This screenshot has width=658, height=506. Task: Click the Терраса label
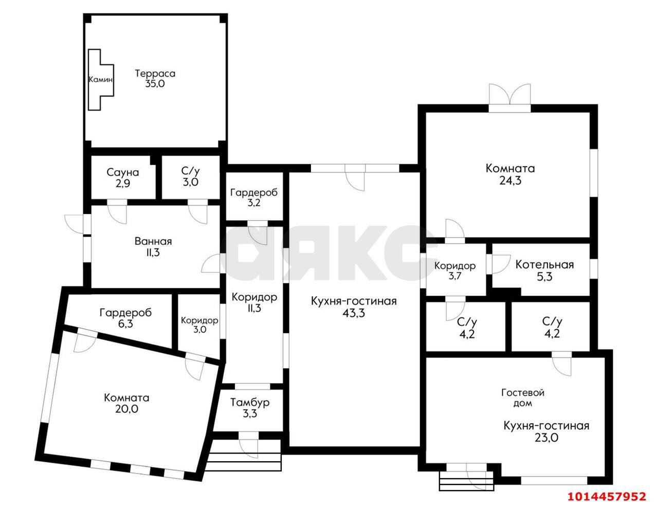click(155, 74)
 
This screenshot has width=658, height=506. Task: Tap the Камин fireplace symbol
click(101, 80)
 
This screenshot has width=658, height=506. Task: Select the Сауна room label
click(123, 173)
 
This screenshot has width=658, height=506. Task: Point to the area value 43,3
click(353, 313)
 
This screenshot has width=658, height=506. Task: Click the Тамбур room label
click(250, 403)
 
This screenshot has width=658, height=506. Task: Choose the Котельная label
click(544, 265)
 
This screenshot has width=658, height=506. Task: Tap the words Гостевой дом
click(523, 398)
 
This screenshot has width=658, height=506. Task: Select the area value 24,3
click(510, 181)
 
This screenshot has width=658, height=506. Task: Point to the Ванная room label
click(153, 241)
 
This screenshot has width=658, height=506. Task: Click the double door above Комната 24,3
click(510, 94)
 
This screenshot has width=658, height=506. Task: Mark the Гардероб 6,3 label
click(125, 318)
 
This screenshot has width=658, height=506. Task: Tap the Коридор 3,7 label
click(455, 271)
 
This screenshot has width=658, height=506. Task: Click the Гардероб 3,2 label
click(254, 197)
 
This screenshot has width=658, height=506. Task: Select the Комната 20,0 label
click(126, 403)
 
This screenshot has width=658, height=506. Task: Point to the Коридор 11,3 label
click(254, 302)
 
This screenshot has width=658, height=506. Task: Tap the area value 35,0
click(155, 84)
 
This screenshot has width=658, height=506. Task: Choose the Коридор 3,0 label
click(199, 324)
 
